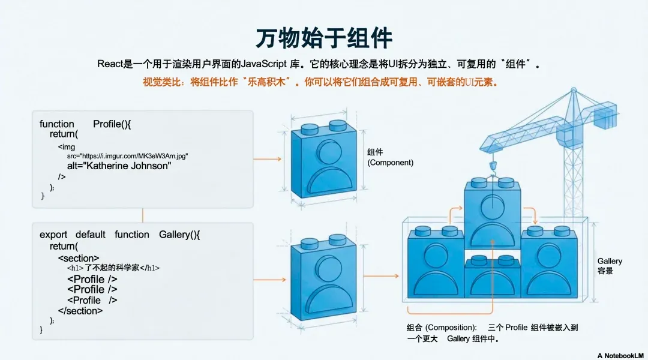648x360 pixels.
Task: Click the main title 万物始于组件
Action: [x=324, y=38]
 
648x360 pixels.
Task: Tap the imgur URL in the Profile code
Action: [x=128, y=155]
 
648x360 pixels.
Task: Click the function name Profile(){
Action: [x=112, y=124]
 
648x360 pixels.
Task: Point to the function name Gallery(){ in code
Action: [x=179, y=235]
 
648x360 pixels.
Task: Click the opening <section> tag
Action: [x=79, y=257]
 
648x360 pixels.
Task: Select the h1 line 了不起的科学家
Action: [x=113, y=268]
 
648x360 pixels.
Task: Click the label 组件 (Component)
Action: [x=390, y=157]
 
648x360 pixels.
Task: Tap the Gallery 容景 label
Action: [x=610, y=266]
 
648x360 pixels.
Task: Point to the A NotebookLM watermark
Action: [x=621, y=355]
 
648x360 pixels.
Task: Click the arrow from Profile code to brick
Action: [x=268, y=159]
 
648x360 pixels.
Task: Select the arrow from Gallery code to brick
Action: [x=268, y=279]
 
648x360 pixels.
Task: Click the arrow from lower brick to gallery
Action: [x=381, y=276]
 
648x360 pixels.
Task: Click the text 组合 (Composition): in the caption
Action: [x=442, y=328]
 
